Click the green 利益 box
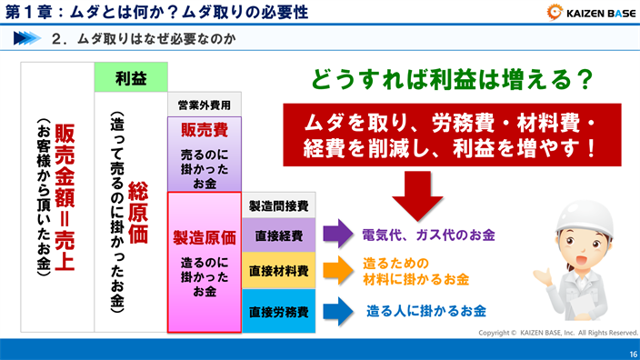point(131,77)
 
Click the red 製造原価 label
point(205,238)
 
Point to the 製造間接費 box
point(278,205)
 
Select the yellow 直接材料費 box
point(278,271)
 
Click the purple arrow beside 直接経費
point(337,235)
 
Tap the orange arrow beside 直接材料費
point(337,270)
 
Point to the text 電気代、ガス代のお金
point(428,235)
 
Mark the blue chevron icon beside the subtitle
point(29,39)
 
